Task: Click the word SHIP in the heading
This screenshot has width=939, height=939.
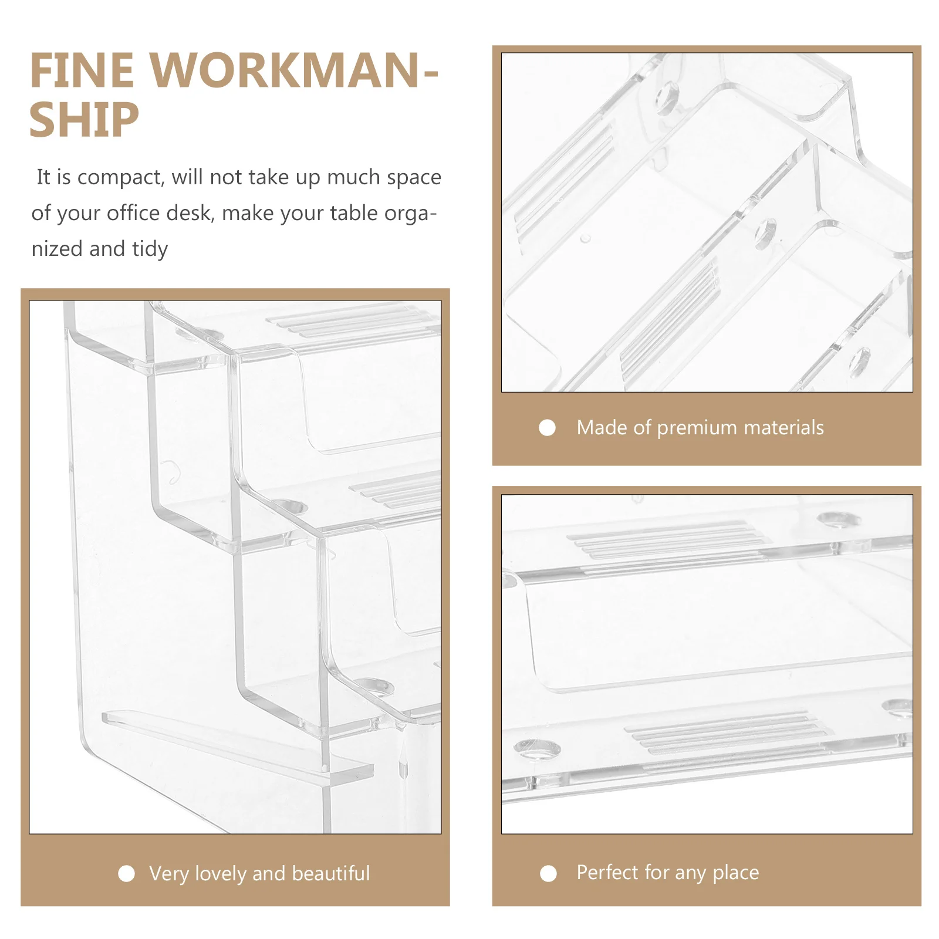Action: [84, 120]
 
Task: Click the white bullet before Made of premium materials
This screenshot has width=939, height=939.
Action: [547, 428]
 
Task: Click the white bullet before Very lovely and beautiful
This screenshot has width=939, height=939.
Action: [126, 874]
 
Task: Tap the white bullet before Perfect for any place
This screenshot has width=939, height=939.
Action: [548, 874]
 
